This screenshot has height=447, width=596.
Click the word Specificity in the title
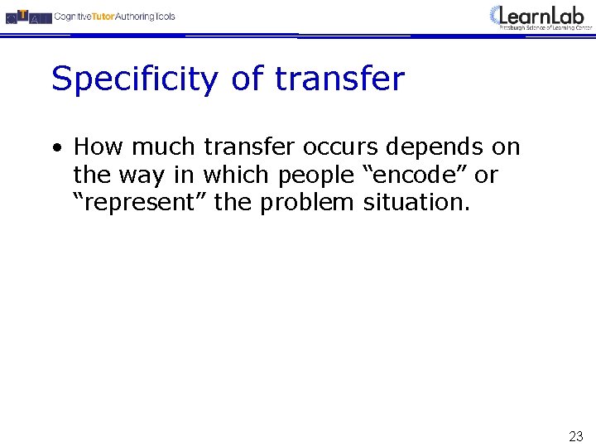coord(133,80)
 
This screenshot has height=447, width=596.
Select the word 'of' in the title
coord(246,79)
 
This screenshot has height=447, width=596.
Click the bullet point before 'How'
coord(56,149)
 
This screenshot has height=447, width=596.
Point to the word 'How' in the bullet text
coord(99,147)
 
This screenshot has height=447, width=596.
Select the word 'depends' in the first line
coord(435,148)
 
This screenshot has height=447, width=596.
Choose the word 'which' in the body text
coord(238,175)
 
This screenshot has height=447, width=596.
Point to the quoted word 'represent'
coord(141,204)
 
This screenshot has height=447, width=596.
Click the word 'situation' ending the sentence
coord(416,203)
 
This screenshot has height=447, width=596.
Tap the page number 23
coord(575,436)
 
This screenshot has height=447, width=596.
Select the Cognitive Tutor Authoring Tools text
coord(114,17)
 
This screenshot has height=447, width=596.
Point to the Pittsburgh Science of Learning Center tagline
coord(546,27)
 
